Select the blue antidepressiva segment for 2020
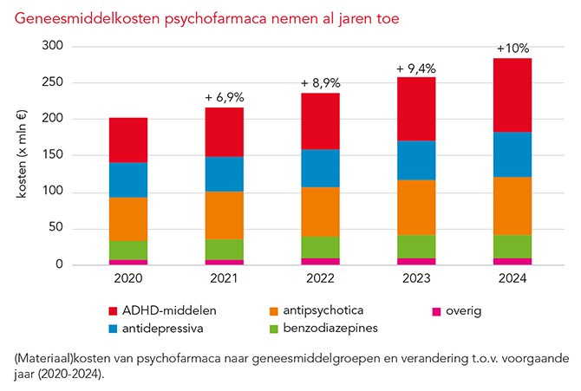tap(127, 179)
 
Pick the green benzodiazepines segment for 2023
tap(416, 246)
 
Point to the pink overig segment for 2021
tap(224, 261)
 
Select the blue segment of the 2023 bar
tap(416, 160)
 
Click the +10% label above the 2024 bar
tap(512, 48)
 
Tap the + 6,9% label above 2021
tap(224, 96)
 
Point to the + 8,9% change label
tap(320, 82)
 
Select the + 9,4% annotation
tap(416, 68)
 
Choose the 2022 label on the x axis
tap(320, 279)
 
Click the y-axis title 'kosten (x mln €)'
tap(23, 156)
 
